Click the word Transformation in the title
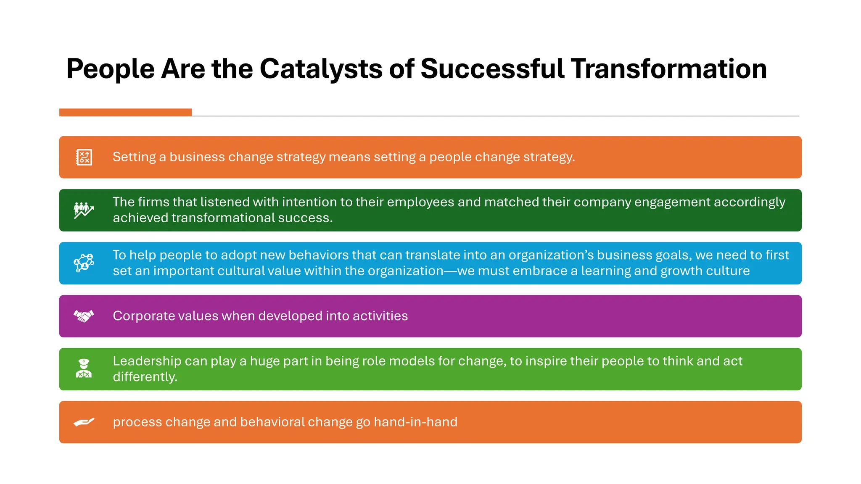click(668, 69)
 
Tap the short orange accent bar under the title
click(125, 112)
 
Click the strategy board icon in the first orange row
click(84, 157)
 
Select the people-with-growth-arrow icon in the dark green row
click(84, 210)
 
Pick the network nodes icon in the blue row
click(84, 263)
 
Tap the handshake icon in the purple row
click(84, 316)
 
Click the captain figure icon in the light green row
click(84, 368)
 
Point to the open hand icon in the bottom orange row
click(84, 422)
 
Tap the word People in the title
click(110, 69)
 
